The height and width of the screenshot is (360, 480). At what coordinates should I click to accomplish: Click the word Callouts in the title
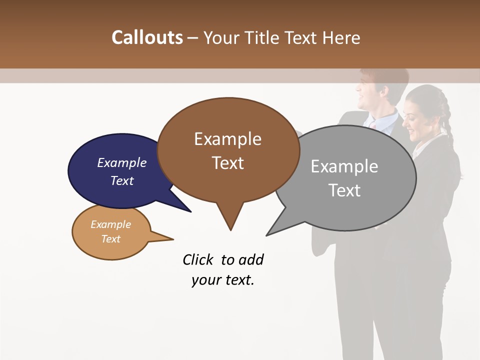[147, 37]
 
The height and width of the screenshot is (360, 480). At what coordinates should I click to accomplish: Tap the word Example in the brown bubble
[227, 139]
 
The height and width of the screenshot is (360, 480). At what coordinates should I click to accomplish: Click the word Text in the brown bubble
[227, 163]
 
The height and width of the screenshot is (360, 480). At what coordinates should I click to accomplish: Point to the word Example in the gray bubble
[344, 166]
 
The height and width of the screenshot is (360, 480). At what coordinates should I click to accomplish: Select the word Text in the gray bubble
[344, 190]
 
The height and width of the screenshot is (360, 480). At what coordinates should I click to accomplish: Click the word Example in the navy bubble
[122, 163]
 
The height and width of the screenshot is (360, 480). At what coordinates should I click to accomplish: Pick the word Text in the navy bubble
[122, 180]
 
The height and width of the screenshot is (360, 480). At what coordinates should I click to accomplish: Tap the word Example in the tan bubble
[110, 224]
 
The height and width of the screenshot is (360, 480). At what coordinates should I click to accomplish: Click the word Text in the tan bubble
[110, 239]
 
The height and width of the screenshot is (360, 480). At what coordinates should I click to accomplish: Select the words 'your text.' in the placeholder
[223, 280]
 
